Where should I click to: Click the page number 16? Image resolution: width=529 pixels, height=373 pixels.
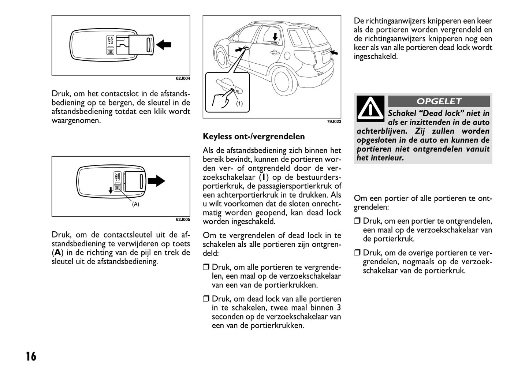(x=31, y=356)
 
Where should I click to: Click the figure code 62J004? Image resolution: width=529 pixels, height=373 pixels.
(x=183, y=78)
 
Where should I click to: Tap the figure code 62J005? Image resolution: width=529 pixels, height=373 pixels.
(x=183, y=220)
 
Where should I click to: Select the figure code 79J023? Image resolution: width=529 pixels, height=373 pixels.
(x=334, y=121)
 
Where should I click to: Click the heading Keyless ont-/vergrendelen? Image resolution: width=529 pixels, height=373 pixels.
(x=254, y=137)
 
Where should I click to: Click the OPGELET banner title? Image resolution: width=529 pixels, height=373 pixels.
(x=439, y=101)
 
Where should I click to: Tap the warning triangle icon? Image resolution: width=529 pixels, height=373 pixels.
(x=370, y=109)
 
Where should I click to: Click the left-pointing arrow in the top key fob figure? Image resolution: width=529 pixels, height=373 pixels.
(x=164, y=45)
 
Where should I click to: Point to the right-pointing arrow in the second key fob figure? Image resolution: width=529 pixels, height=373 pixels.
(x=156, y=180)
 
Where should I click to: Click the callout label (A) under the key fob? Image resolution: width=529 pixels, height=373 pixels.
(x=135, y=204)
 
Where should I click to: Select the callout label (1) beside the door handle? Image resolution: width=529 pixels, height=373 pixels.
(x=239, y=104)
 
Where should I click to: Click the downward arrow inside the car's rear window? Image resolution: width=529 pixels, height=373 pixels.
(x=275, y=36)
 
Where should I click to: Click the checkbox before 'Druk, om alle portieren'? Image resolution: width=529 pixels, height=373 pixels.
(x=206, y=268)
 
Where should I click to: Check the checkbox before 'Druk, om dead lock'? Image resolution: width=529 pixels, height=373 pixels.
(x=206, y=299)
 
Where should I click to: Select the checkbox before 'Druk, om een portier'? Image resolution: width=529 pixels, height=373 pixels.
(x=357, y=221)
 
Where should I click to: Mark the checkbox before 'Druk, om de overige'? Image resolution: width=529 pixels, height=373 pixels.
(x=357, y=253)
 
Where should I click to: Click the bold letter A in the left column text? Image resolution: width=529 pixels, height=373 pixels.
(x=57, y=253)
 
